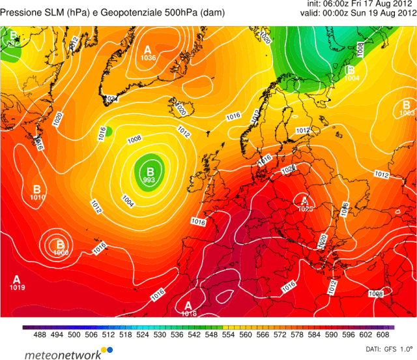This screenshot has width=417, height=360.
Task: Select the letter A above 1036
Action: coord(148,50)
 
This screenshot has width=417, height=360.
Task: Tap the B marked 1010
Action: coord(37,188)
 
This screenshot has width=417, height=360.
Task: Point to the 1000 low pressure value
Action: coord(61,252)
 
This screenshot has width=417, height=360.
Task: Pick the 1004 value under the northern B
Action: coord(352,78)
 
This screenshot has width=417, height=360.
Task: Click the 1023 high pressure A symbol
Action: coord(305,200)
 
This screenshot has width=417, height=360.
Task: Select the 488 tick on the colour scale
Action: coord(38,335)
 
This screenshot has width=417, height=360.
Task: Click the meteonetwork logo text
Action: coord(63,355)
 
